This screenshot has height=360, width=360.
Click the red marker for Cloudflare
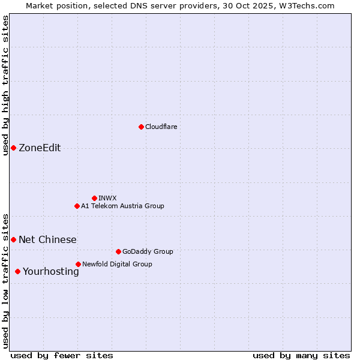click(x=141, y=127)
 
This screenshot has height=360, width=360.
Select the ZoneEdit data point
click(x=13, y=148)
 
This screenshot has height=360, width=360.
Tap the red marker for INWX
click(x=94, y=198)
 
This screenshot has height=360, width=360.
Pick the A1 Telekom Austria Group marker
click(x=77, y=206)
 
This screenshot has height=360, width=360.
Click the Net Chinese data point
click(x=13, y=239)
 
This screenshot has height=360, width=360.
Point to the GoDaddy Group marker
click(x=118, y=251)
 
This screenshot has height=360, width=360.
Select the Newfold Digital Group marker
click(x=78, y=264)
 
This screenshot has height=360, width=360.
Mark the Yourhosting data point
click(x=17, y=271)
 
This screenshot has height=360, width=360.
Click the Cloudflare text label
click(x=161, y=127)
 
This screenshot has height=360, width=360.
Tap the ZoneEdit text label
click(x=40, y=148)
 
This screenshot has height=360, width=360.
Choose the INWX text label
click(x=107, y=198)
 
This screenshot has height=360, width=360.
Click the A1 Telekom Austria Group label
click(x=122, y=206)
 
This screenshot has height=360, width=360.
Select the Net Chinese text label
click(x=47, y=240)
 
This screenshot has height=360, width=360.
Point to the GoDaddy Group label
click(x=147, y=251)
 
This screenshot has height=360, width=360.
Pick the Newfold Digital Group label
click(x=117, y=264)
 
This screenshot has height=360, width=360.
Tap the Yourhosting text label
click(x=50, y=272)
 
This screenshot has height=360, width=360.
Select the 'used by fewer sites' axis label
click(x=62, y=355)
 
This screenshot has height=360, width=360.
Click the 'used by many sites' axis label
click(x=301, y=355)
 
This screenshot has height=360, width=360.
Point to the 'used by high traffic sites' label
click(x=6, y=85)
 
